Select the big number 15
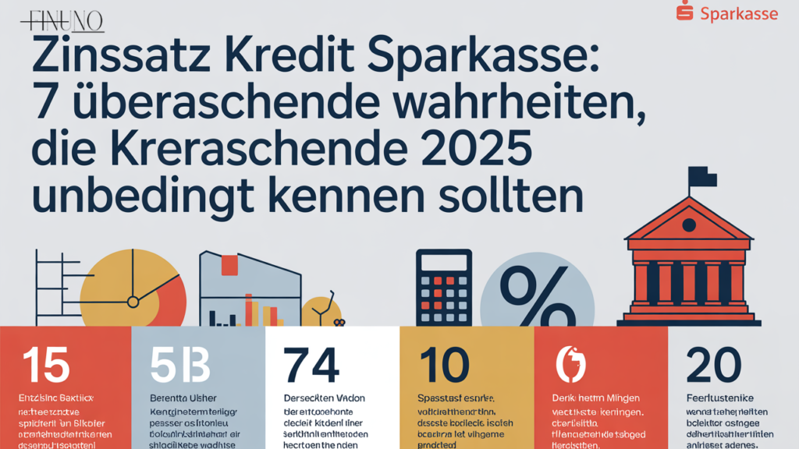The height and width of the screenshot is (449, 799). [46, 364]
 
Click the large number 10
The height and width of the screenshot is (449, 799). [444, 364]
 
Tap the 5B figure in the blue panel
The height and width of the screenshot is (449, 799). [180, 364]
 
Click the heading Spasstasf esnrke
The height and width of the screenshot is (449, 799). [450, 398]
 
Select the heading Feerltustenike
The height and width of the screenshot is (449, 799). [717, 398]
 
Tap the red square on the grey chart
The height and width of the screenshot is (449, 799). [229, 265]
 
